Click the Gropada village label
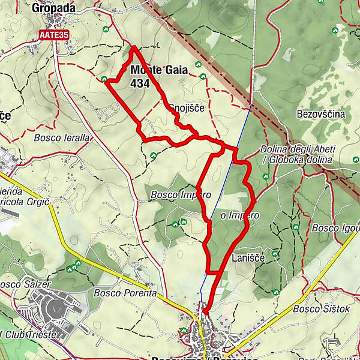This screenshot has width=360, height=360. pos(54,8)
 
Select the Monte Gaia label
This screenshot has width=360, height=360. pos(158,70)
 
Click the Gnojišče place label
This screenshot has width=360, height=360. pos(187,108)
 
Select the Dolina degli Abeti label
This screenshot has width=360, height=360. pos(298,149)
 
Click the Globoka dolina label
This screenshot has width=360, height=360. pos(300,160)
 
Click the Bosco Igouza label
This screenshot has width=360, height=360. pos(335,228)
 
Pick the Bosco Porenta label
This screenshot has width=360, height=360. pos(125,293)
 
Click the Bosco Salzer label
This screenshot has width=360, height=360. pos(25,283)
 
